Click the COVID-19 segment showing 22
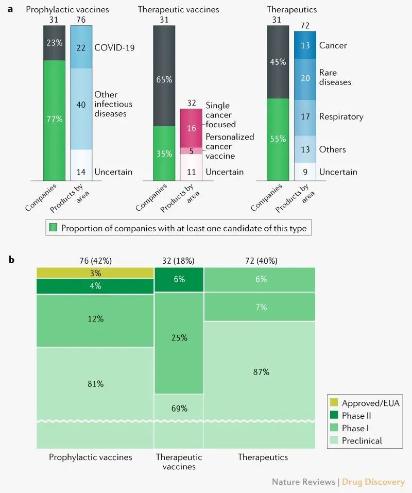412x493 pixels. [81, 47]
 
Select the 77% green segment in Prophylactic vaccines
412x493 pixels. [54, 120]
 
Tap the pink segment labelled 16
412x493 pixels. [191, 128]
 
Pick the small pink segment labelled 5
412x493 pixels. [191, 151]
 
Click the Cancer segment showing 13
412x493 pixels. [305, 45]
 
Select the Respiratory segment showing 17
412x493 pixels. [305, 117]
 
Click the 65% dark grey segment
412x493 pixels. [164, 80]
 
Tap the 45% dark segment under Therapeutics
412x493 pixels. [278, 62]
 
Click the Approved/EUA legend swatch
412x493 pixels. [334, 403]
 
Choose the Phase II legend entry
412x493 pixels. [356, 415]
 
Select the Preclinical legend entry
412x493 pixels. [362, 440]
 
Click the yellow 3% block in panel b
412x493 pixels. [95, 273]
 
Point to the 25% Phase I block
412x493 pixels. [179, 338]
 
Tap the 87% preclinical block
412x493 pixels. [260, 372]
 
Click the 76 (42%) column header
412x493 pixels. [95, 260]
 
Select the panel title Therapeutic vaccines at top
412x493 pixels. [178, 9]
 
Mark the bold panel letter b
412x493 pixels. [11, 260]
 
